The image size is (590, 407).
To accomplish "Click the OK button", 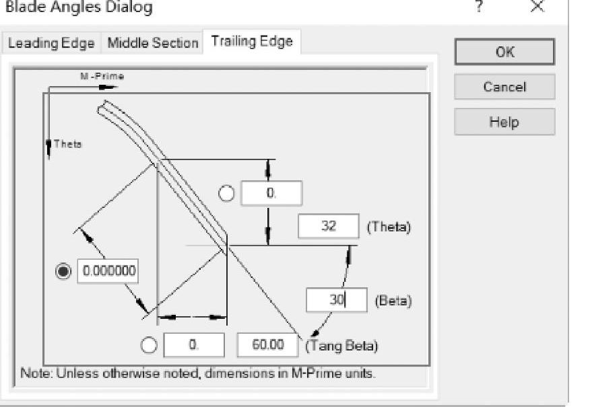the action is (x=504, y=52).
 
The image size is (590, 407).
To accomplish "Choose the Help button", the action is (x=504, y=122).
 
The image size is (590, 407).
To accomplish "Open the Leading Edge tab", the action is (x=51, y=43).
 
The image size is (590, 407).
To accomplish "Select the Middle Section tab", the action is (x=153, y=43).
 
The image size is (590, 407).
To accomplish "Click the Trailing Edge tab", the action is (x=252, y=41).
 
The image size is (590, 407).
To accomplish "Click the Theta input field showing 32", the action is (x=329, y=226).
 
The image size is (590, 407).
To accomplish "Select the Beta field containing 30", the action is (x=336, y=300).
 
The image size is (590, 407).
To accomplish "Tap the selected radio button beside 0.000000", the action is (x=63, y=271).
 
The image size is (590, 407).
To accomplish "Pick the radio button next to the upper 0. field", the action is (x=227, y=193).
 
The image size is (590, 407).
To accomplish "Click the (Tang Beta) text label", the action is (x=342, y=346).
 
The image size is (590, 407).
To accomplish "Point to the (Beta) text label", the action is (x=393, y=301).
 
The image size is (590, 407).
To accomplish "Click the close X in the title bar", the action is (x=537, y=7).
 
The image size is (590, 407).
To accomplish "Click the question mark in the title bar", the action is (x=478, y=7).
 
